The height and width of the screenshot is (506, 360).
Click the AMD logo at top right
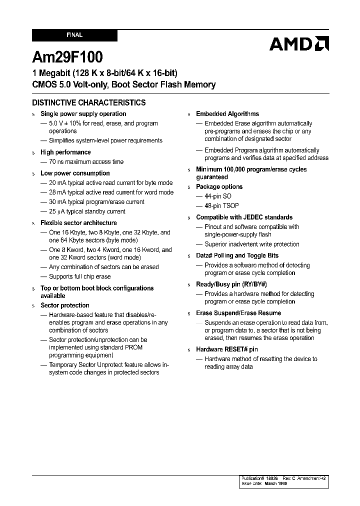point(299,44)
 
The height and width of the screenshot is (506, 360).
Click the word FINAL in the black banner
point(74,35)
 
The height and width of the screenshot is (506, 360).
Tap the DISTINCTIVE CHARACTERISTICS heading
point(89,102)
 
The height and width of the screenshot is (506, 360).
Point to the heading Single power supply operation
point(83,114)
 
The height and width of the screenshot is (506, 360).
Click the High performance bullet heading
point(65,152)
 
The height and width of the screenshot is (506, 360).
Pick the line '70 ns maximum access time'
point(86,161)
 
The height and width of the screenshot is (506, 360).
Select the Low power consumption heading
point(75,173)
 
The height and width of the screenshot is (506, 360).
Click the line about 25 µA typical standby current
point(87,211)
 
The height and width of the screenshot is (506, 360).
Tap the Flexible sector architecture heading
point(78,223)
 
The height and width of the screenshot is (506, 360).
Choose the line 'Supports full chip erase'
point(79,276)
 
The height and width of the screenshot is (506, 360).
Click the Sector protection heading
point(65,305)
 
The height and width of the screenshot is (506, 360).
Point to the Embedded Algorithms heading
point(227,114)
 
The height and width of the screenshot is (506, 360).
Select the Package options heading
point(219,186)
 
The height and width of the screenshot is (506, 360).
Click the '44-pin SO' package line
point(218,196)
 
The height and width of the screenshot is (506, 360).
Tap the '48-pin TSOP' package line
point(221,205)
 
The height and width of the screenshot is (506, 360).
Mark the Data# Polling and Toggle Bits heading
point(237,255)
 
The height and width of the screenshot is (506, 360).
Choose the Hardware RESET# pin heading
point(227,349)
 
